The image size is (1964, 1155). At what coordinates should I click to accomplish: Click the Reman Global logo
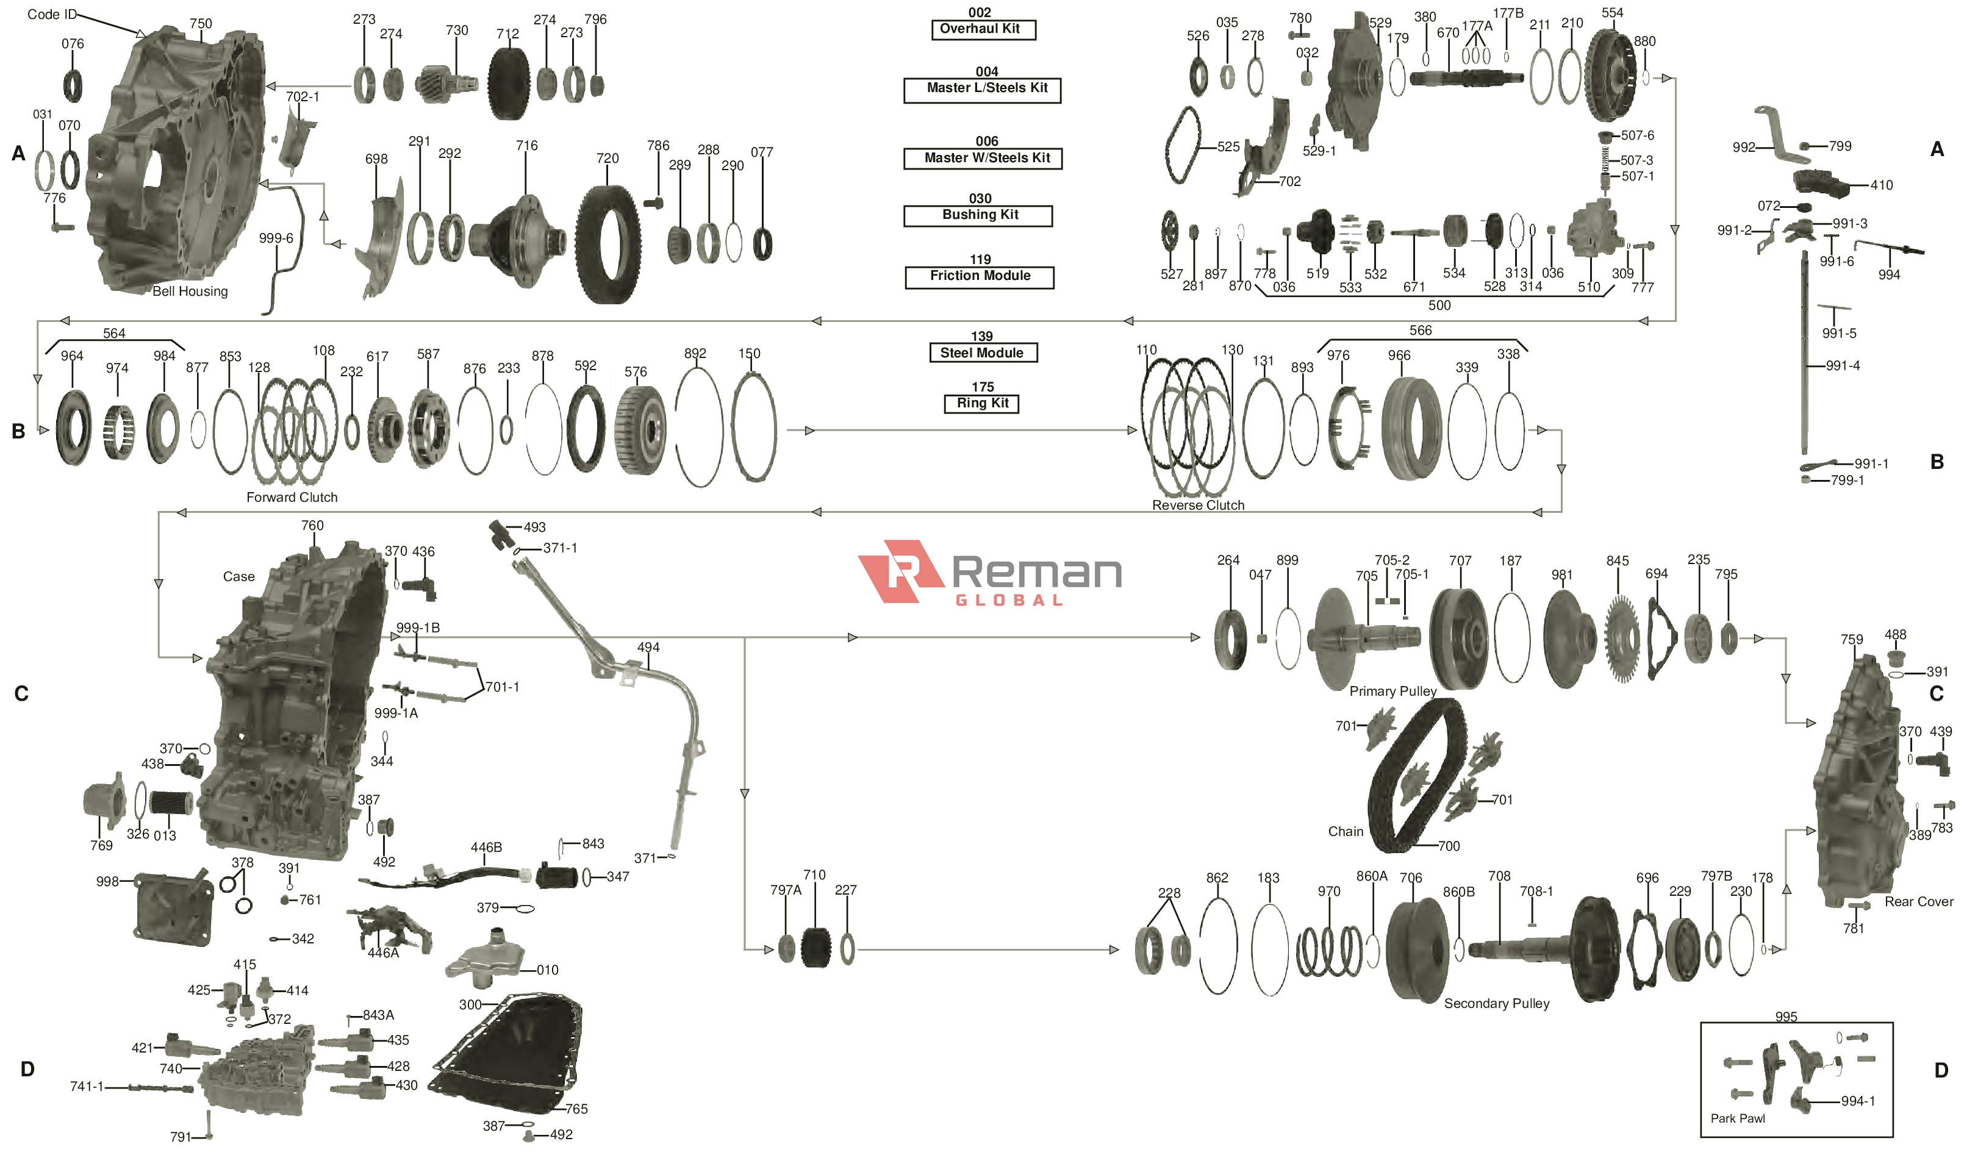[x=989, y=573]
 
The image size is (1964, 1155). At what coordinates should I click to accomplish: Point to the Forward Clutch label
[x=292, y=497]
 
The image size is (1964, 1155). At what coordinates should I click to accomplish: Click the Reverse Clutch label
[x=1198, y=505]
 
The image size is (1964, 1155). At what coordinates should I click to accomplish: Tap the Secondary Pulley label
[x=1496, y=1004]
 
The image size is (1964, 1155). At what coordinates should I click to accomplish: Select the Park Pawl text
[x=1737, y=1118]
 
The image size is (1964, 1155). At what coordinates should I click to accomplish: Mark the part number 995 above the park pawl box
[x=1785, y=1017]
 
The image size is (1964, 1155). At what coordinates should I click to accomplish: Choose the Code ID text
[x=51, y=14]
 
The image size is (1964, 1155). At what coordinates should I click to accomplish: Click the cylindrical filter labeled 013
[x=171, y=804]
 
